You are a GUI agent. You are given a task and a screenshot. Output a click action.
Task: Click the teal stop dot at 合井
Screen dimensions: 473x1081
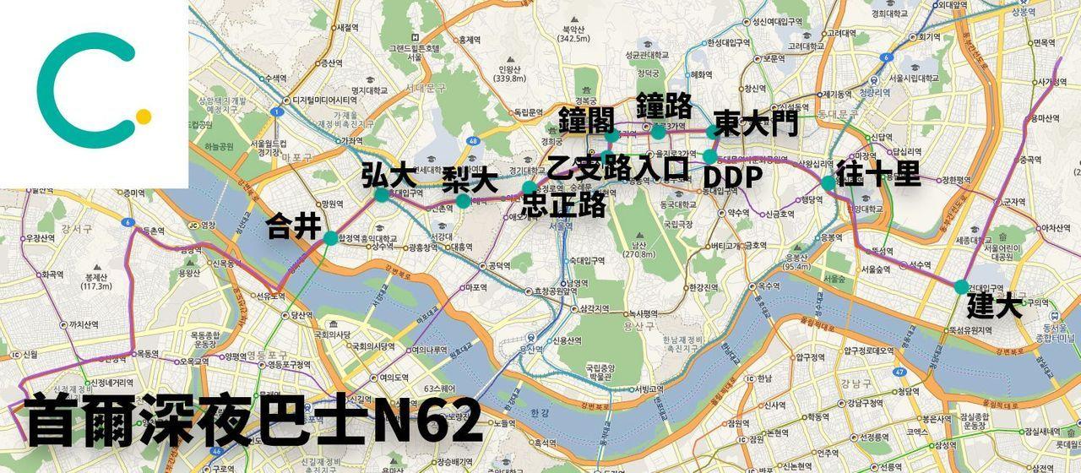[x=330, y=238]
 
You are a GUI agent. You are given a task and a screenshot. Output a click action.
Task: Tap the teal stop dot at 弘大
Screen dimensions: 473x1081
[x=382, y=195]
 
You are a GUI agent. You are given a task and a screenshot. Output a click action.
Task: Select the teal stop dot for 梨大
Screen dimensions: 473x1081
[x=464, y=201]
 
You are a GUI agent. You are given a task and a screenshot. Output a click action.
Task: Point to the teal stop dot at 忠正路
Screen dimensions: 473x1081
[x=530, y=187]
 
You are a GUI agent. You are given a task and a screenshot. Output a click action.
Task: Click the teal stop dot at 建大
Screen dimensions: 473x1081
[x=962, y=286]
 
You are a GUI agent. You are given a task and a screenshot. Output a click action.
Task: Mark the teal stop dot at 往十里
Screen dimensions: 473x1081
[x=828, y=183]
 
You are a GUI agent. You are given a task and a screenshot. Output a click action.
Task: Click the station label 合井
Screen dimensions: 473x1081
[x=294, y=226]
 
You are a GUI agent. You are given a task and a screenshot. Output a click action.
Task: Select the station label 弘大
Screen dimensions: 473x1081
[x=388, y=176]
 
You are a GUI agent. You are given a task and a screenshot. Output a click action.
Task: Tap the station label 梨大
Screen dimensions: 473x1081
[x=470, y=180]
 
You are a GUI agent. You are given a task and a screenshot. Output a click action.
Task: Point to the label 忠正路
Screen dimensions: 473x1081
[x=564, y=205]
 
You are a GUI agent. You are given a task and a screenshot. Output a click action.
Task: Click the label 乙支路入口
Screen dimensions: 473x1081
[x=618, y=168]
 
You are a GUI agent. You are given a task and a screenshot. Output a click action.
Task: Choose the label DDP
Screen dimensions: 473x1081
[x=733, y=178]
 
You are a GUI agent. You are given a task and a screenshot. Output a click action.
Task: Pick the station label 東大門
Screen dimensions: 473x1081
[x=755, y=124]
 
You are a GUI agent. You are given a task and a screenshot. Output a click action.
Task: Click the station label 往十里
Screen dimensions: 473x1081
[x=878, y=174]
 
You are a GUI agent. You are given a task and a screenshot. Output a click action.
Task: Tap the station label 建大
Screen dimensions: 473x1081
[x=994, y=305]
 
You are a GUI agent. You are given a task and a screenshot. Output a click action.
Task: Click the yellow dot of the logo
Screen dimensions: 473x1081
[x=144, y=117]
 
